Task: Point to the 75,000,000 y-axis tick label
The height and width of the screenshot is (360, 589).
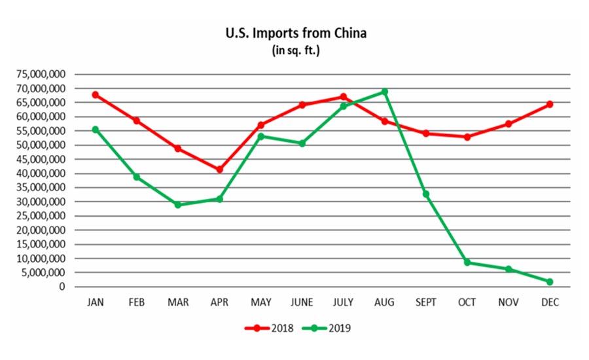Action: pyautogui.click(x=41, y=74)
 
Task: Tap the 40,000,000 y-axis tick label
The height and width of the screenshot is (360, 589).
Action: pyautogui.click(x=41, y=173)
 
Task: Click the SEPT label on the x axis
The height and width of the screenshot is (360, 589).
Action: pyautogui.click(x=426, y=302)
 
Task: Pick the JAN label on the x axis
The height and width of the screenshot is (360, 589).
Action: pyautogui.click(x=96, y=302)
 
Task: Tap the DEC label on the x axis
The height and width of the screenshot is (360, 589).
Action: pyautogui.click(x=550, y=302)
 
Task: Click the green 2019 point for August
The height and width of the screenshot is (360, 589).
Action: pyautogui.click(x=385, y=92)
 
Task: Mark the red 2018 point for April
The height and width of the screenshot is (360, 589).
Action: pyautogui.click(x=219, y=170)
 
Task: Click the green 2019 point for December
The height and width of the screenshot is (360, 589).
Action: pyautogui.click(x=550, y=281)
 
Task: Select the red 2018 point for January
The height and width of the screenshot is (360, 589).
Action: pyautogui.click(x=96, y=95)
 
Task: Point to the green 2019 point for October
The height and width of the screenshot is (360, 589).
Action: pyautogui.click(x=467, y=262)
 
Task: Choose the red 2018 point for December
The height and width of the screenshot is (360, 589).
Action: pyautogui.click(x=550, y=104)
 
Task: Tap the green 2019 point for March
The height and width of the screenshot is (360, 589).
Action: pyautogui.click(x=178, y=205)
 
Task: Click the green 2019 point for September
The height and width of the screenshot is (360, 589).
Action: pyautogui.click(x=426, y=194)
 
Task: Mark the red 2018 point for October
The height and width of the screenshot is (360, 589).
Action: pyautogui.click(x=467, y=137)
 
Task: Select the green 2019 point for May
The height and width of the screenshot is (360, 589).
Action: pyautogui.click(x=260, y=136)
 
